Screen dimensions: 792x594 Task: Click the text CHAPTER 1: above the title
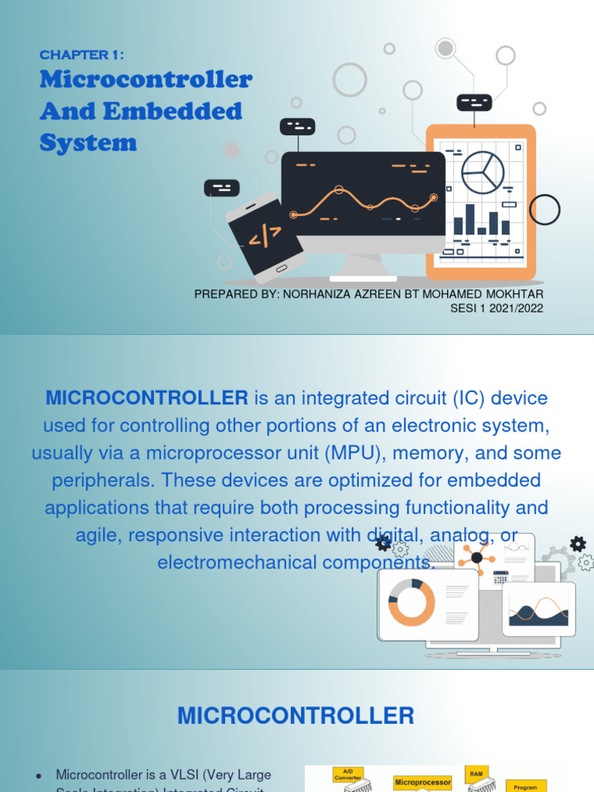[x=82, y=55]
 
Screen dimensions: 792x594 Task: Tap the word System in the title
[x=88, y=143]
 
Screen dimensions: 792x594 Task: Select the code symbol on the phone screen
[x=265, y=235]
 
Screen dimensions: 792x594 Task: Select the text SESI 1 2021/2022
[x=497, y=308]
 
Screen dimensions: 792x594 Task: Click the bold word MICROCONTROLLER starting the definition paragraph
[x=147, y=398]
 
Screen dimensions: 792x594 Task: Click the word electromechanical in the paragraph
[x=237, y=562]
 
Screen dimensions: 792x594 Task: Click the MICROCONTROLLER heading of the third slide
[x=296, y=715]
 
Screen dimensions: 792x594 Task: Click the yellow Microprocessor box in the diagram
[x=422, y=782]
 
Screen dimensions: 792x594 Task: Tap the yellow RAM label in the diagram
[x=475, y=773]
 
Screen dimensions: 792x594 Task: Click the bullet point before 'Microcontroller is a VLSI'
[x=39, y=775]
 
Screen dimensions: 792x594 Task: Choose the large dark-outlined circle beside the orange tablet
[x=544, y=209]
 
